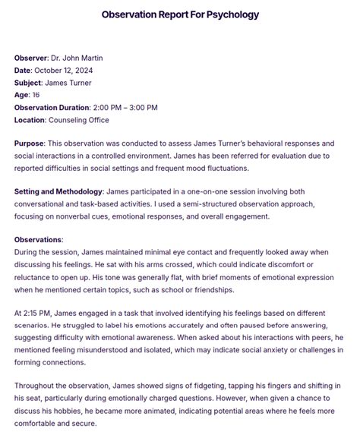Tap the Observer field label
point(30,58)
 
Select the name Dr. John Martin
point(76,58)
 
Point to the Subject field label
point(28,83)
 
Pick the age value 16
point(35,95)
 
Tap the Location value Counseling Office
point(78,120)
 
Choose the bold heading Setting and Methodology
point(57,192)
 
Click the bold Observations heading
point(39,240)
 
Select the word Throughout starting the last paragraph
point(38,386)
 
